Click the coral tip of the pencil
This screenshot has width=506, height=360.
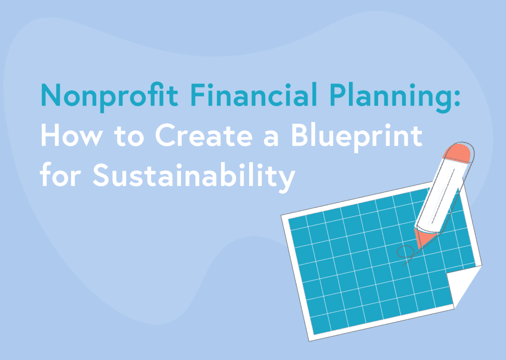coord(421,238)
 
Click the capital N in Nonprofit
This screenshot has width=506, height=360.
coord(49,94)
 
